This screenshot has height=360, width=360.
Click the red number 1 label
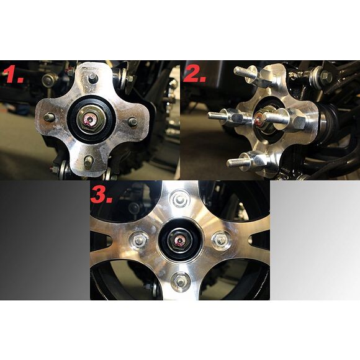click(x=14, y=74)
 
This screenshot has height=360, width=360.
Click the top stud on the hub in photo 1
click(x=92, y=78)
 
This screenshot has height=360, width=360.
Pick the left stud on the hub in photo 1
click(x=49, y=117)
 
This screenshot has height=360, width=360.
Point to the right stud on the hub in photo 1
click(x=132, y=122)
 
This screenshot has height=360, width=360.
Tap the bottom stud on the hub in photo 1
click(x=88, y=161)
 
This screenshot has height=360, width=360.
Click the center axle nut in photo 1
click(x=91, y=119)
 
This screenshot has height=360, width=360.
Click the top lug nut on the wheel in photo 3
click(x=181, y=199)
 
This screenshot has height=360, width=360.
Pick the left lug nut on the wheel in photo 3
click(x=138, y=240)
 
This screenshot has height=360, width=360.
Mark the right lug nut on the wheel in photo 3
click(x=220, y=239)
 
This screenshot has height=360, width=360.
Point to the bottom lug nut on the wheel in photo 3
click(x=181, y=282)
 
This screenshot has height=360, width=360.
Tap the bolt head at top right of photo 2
click(x=326, y=75)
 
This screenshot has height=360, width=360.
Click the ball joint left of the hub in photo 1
click(x=48, y=79)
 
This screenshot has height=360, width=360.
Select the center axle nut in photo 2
click(x=264, y=119)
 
